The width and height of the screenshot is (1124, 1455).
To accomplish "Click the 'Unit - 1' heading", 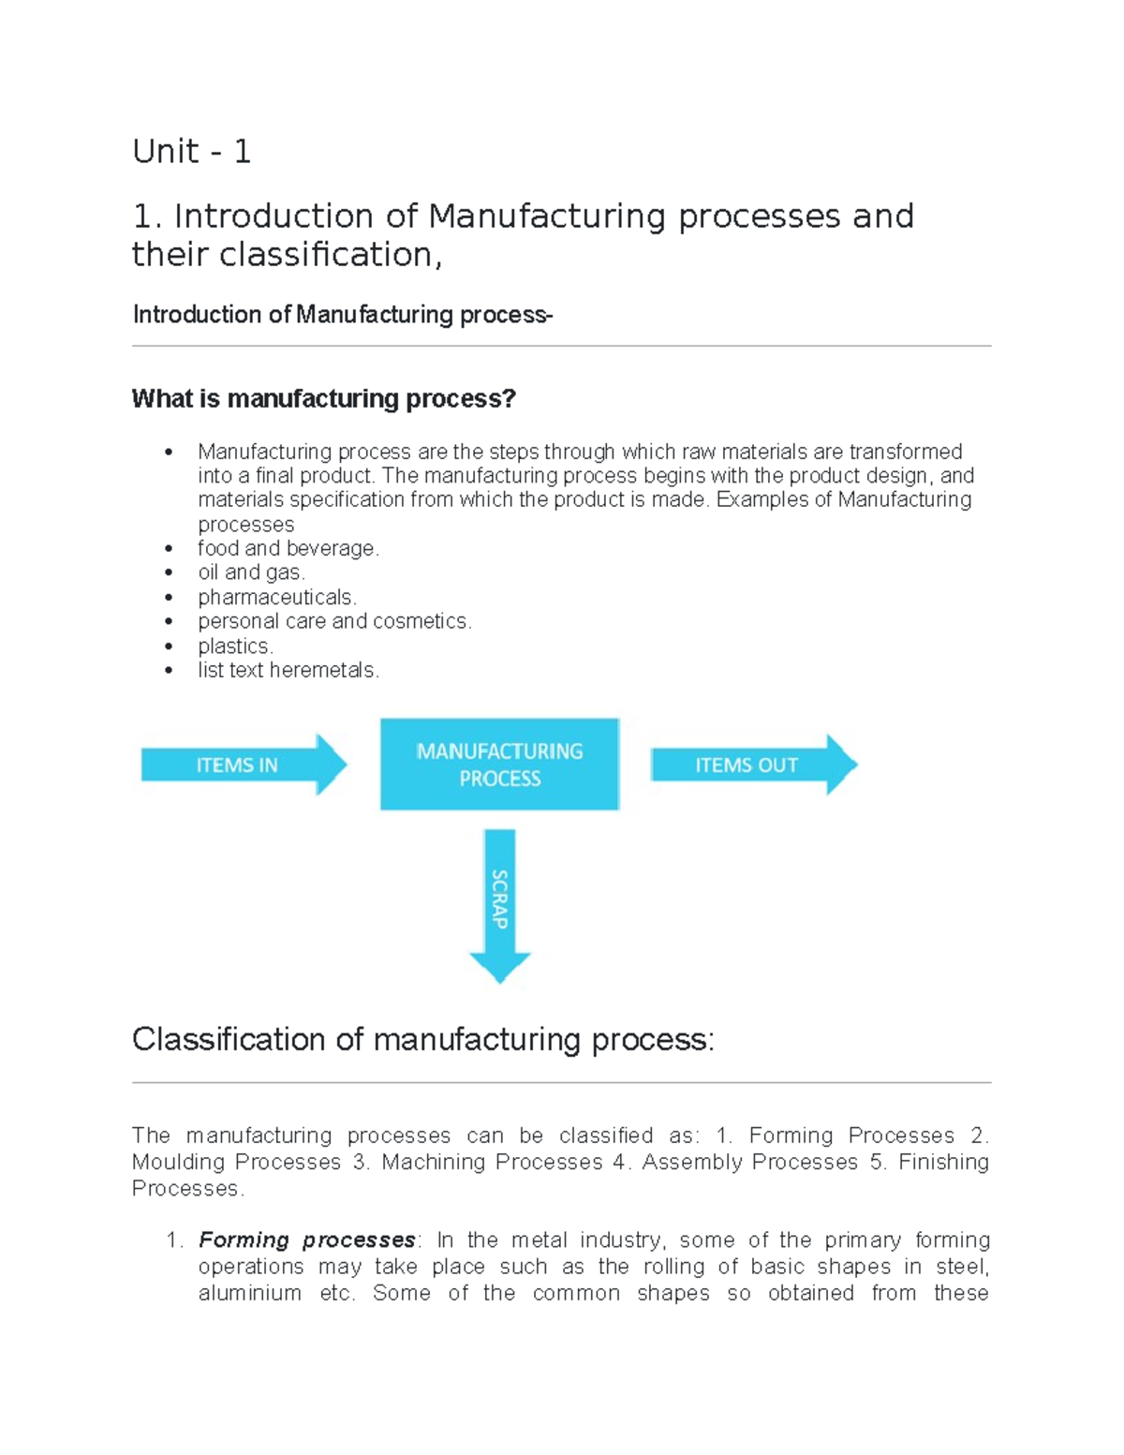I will point(192,152).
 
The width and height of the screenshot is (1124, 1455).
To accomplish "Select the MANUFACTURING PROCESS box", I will point(499,765).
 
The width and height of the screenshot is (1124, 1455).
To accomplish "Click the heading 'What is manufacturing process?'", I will point(324,399).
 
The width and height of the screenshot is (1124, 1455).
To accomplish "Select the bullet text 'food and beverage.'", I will point(288,549).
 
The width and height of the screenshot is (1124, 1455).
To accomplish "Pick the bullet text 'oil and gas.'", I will point(251,572).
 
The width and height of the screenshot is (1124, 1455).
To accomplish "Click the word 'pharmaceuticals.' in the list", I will point(277,598).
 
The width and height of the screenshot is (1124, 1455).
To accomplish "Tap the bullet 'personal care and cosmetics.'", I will point(334,621).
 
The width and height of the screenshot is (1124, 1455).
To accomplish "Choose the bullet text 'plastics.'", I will point(235,646).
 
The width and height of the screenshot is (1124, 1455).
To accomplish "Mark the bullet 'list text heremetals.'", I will point(288,671).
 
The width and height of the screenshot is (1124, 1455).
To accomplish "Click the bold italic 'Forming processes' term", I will point(307,1240).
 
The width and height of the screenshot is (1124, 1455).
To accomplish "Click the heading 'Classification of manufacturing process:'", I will point(422,1040).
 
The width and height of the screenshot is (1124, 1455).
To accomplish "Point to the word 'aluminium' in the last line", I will point(250,1294).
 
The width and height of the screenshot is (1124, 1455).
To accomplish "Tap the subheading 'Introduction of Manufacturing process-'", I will point(343,315).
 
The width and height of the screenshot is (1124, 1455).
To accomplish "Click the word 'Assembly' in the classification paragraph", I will point(689,1163).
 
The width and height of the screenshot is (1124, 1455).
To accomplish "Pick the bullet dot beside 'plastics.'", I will point(169,646).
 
